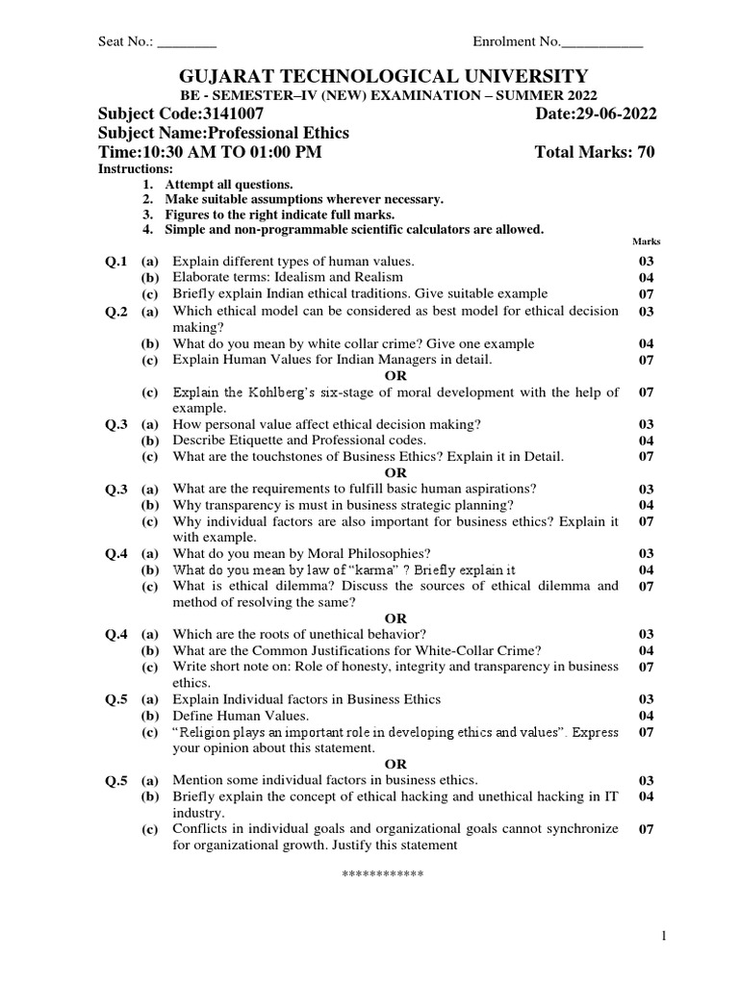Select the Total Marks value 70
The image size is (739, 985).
[x=646, y=152]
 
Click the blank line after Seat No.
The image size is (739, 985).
[x=187, y=42]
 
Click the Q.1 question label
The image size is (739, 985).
[x=116, y=261]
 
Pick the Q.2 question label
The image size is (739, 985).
[x=116, y=311]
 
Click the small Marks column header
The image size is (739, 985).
[x=646, y=242]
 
